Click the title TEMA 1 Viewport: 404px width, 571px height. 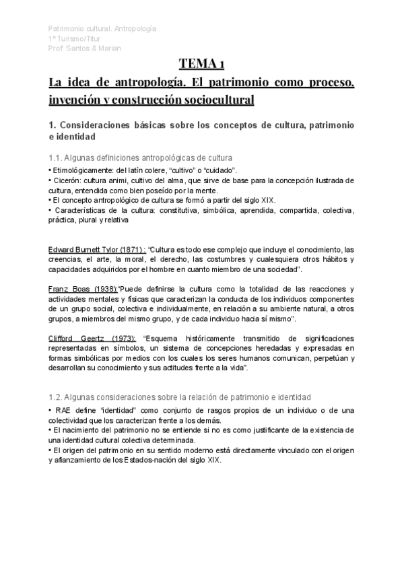coord(202,65)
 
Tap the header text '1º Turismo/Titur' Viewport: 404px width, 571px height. coord(77,38)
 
